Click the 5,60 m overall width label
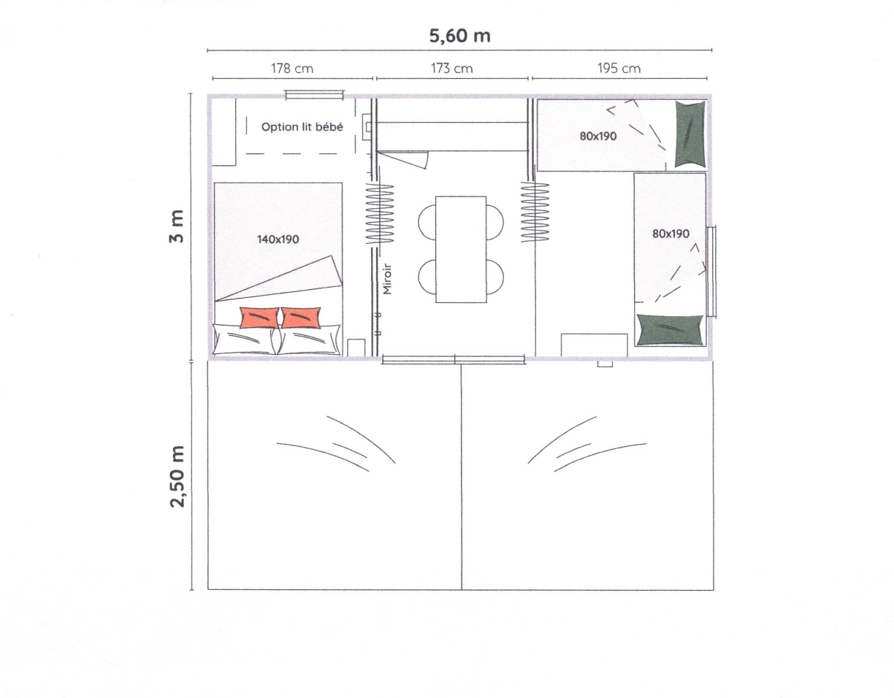click(459, 36)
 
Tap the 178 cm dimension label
click(291, 68)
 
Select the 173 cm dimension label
click(451, 68)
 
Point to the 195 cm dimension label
click(619, 68)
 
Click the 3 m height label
click(177, 226)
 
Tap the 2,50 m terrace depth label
click(177, 477)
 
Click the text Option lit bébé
click(302, 127)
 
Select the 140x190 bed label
click(278, 239)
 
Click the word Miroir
click(387, 279)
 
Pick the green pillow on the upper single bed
click(690, 134)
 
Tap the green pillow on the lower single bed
click(670, 330)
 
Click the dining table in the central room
click(461, 250)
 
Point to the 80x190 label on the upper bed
click(597, 136)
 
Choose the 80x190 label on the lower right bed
click(670, 234)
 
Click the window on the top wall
click(314, 96)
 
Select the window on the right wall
click(711, 272)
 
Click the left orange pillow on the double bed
click(259, 318)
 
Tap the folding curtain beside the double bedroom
click(379, 214)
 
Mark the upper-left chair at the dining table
click(427, 223)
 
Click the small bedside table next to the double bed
click(356, 348)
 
